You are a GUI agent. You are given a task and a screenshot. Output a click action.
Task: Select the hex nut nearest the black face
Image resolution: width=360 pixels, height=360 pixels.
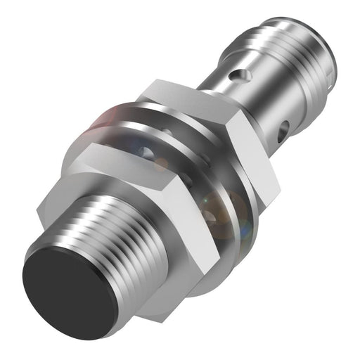pos(141,204)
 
